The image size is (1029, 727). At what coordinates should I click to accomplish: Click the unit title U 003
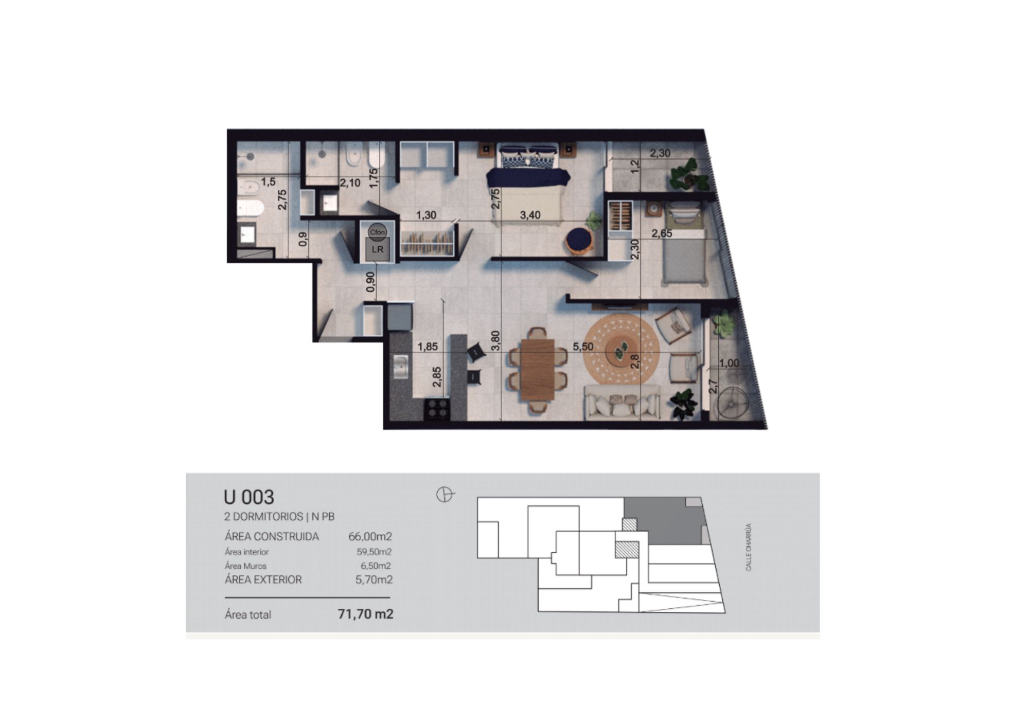point(249,497)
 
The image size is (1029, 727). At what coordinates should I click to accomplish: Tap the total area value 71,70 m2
point(365,614)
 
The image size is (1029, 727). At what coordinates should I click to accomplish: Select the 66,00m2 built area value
point(370,536)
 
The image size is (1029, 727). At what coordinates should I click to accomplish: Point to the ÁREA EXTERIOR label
point(263,579)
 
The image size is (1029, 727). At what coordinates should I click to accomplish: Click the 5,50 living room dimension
point(583,347)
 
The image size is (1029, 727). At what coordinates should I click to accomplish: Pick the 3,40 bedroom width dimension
point(530,215)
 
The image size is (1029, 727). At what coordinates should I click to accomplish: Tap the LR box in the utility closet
point(378,249)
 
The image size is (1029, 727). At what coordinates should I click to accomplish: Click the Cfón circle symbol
point(377,232)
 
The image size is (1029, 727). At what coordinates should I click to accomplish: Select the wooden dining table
point(537,369)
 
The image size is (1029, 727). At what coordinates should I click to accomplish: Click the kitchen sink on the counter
point(400,367)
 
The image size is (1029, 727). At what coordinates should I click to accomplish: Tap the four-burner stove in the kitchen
point(437,410)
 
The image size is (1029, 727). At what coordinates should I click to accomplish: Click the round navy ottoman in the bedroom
point(580,241)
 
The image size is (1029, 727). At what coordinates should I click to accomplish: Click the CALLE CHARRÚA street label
point(749,547)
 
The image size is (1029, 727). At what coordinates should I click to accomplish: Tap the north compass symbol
point(445,495)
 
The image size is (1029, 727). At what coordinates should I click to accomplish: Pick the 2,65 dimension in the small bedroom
point(662,233)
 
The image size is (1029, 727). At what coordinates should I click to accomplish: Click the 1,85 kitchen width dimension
point(428,347)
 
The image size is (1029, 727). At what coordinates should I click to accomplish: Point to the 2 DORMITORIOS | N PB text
point(279,516)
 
